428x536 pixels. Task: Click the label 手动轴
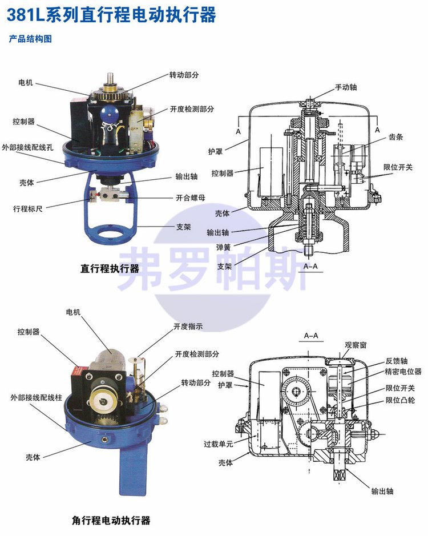(346, 87)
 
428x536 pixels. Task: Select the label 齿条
(395, 137)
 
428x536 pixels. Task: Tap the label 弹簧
(224, 247)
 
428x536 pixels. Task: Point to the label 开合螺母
(191, 198)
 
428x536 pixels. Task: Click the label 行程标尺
(28, 208)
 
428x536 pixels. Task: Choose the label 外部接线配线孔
(27, 147)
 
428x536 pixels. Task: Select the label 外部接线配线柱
(36, 397)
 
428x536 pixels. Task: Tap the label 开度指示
(188, 327)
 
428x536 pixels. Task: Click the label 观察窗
(356, 345)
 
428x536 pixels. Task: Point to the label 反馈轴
(397, 361)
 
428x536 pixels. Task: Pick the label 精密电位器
(403, 371)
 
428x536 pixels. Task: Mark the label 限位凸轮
(400, 400)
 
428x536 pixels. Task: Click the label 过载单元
(219, 444)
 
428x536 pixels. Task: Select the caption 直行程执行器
(110, 268)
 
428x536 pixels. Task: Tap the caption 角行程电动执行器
(111, 521)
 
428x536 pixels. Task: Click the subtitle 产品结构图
(30, 39)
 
